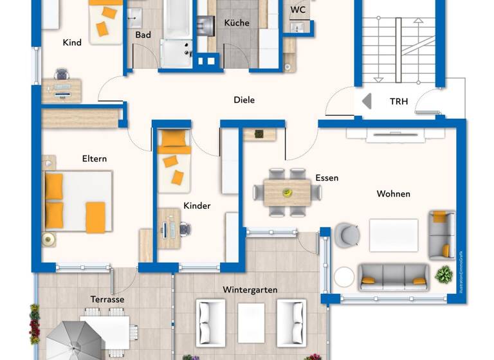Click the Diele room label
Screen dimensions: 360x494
(244, 100)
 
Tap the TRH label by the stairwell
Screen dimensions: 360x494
(399, 102)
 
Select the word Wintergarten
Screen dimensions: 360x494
(250, 290)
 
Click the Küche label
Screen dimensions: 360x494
(236, 23)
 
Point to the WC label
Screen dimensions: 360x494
(298, 10)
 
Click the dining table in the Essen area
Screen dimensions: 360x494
(287, 192)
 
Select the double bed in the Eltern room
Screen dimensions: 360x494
(77, 201)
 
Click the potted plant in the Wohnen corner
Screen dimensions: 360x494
(443, 275)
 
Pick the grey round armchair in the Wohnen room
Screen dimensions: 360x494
(347, 235)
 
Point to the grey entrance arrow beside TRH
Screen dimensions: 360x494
(367, 102)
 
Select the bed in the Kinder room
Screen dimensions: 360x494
(174, 161)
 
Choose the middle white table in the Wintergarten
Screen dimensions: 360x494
(251, 319)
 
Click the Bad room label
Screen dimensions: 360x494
(143, 35)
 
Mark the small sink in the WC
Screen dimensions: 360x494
(298, 27)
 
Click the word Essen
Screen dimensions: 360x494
(327, 178)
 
